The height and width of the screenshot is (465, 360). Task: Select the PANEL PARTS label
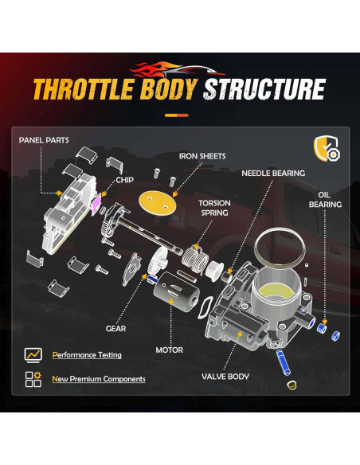(44, 140)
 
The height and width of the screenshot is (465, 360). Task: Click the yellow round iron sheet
(157, 200)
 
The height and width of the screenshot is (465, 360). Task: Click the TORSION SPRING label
(214, 209)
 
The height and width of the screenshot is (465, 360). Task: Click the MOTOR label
(169, 350)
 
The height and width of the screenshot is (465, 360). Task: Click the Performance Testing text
(86, 354)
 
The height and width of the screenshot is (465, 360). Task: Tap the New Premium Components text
(99, 379)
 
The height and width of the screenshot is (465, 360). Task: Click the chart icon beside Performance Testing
(33, 354)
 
